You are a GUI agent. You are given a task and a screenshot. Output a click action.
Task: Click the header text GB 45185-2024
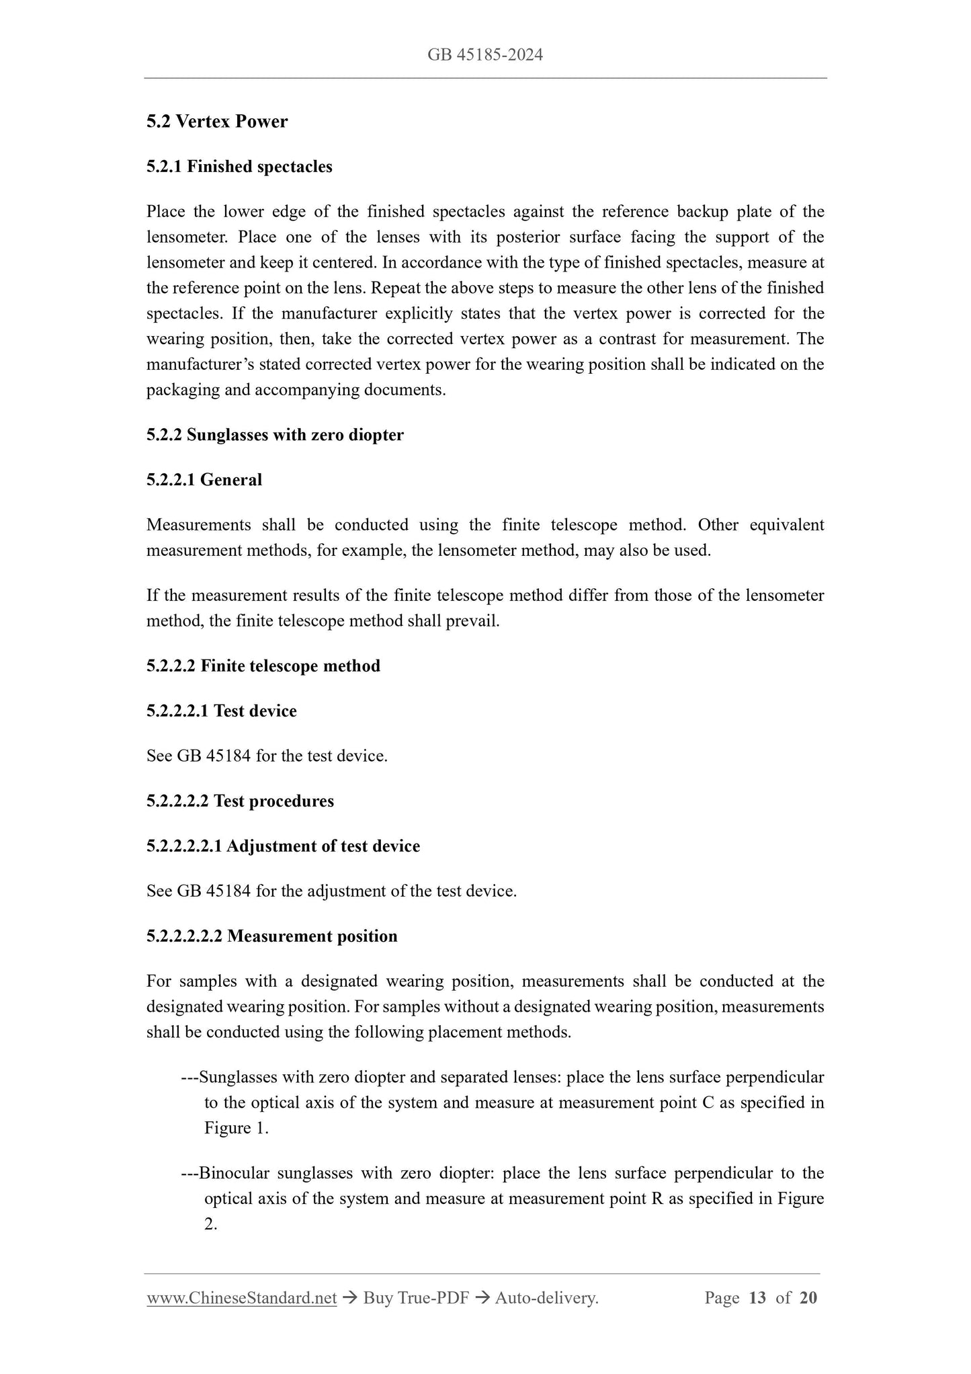point(485,55)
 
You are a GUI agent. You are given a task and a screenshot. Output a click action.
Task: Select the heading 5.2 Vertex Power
point(217,122)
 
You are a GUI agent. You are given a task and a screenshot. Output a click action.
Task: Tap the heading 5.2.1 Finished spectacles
point(239,167)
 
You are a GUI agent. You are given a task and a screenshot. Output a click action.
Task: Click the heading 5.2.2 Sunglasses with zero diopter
point(275,435)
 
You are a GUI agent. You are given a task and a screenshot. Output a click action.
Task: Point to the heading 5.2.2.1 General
point(204,480)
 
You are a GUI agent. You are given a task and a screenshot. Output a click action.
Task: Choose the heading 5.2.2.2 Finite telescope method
point(263,666)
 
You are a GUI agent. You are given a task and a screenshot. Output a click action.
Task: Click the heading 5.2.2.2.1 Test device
point(222,711)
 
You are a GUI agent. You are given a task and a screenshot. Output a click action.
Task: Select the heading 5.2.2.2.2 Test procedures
point(240,801)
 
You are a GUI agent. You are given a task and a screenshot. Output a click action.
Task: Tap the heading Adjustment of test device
point(323,846)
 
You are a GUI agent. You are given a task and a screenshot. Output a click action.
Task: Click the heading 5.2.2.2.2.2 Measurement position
point(272,936)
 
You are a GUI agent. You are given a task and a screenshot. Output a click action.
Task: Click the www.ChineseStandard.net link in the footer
point(241,1298)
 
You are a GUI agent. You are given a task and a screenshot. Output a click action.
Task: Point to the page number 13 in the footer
point(757,1298)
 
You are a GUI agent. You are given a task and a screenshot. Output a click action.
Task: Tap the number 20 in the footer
point(808,1298)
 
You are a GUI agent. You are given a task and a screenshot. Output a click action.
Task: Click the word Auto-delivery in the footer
point(545,1298)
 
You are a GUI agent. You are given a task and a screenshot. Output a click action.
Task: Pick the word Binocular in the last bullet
point(235,1174)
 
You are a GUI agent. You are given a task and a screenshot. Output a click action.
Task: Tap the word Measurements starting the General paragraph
point(199,525)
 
